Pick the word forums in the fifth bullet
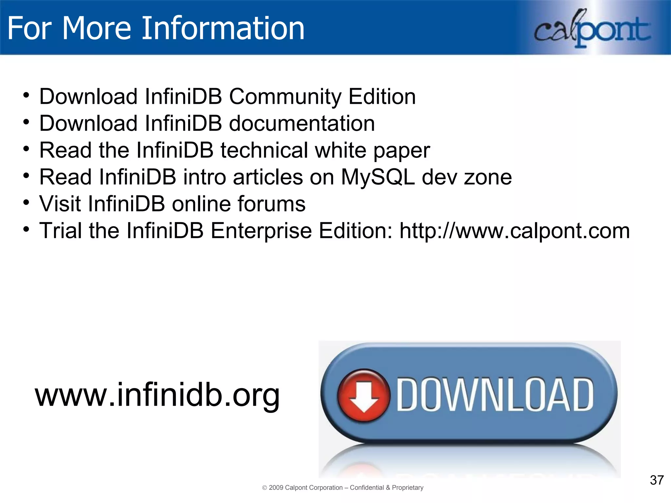click(x=271, y=204)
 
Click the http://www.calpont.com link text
click(x=514, y=231)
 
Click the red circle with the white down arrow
click(x=364, y=395)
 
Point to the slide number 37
click(x=657, y=480)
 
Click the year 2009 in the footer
click(x=276, y=488)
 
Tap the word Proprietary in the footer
click(x=408, y=488)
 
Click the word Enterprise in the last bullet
click(x=261, y=231)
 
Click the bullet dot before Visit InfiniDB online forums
click(x=26, y=202)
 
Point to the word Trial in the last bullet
click(x=61, y=231)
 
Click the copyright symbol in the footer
click(x=265, y=488)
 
